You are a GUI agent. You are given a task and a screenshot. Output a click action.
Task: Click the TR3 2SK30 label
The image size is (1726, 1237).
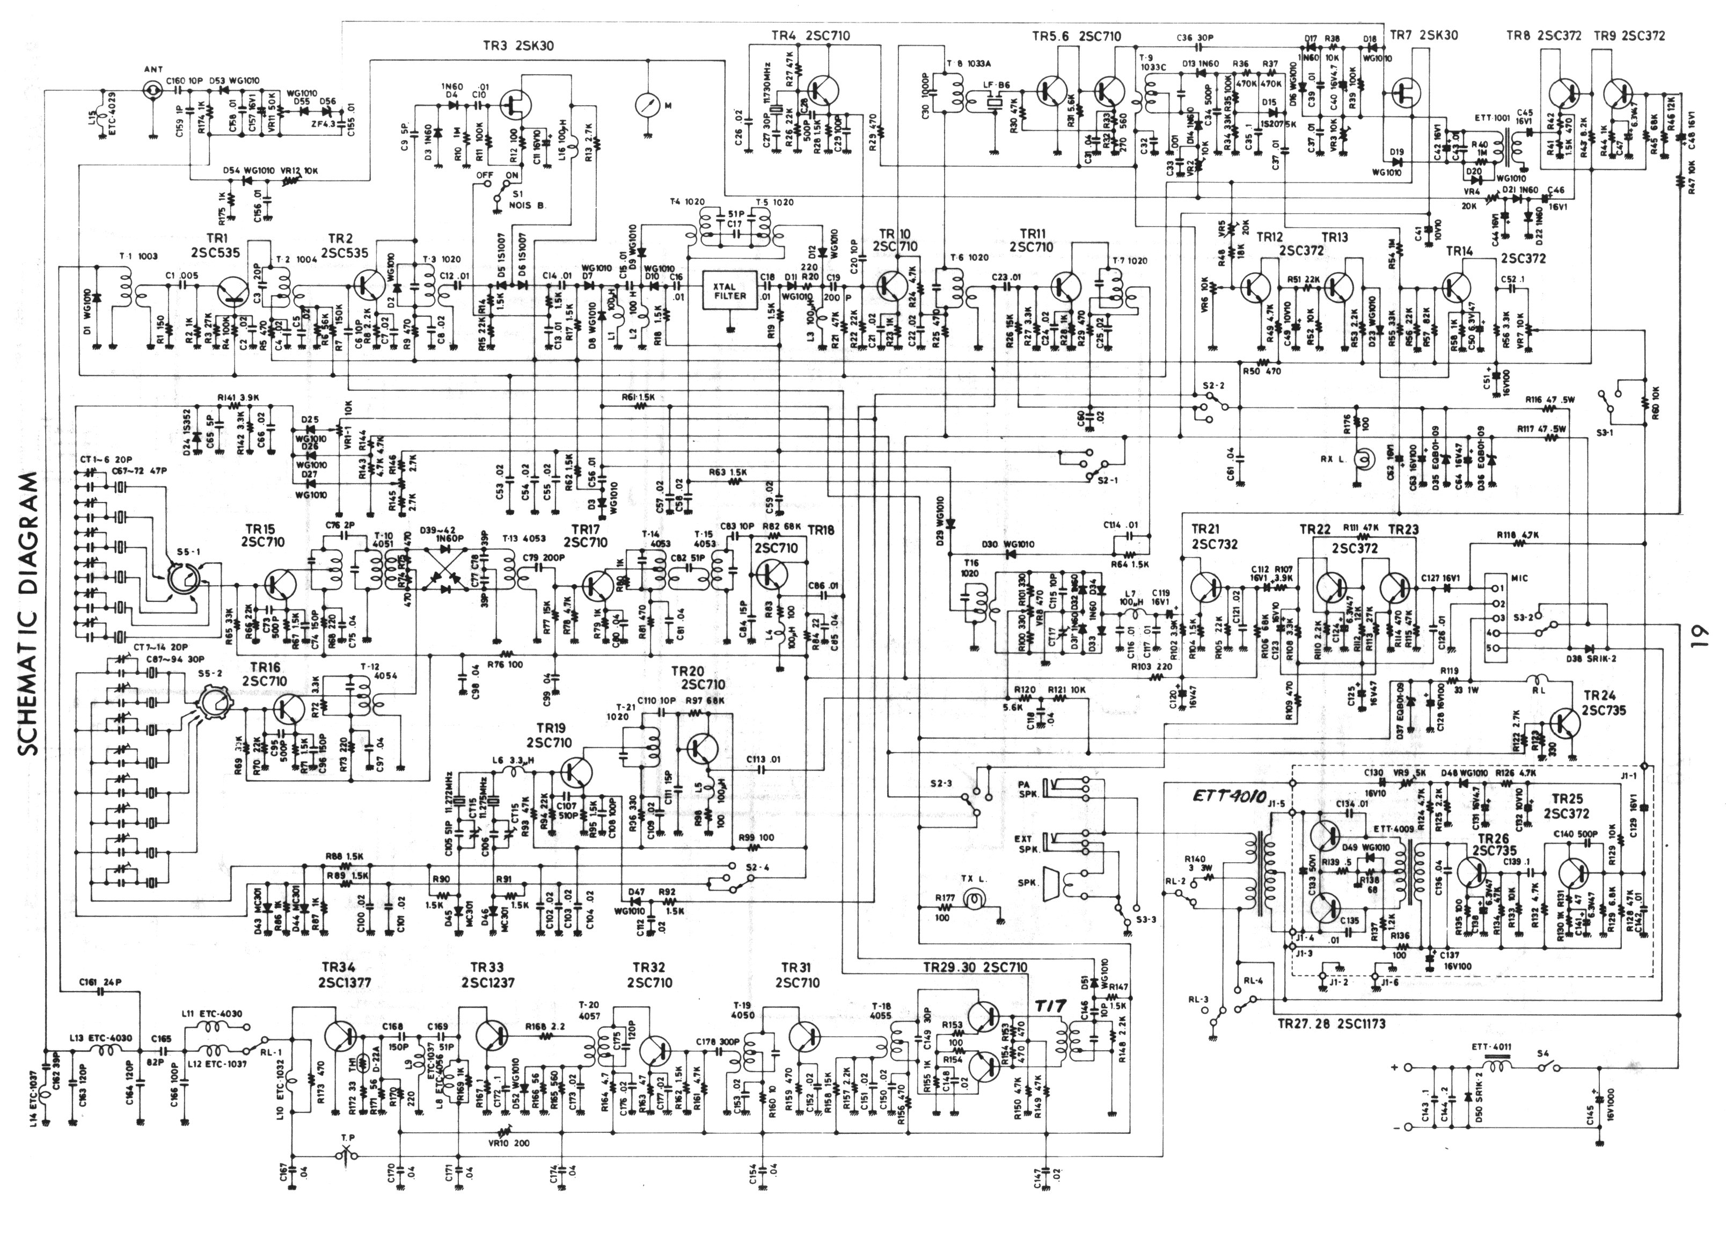518,46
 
